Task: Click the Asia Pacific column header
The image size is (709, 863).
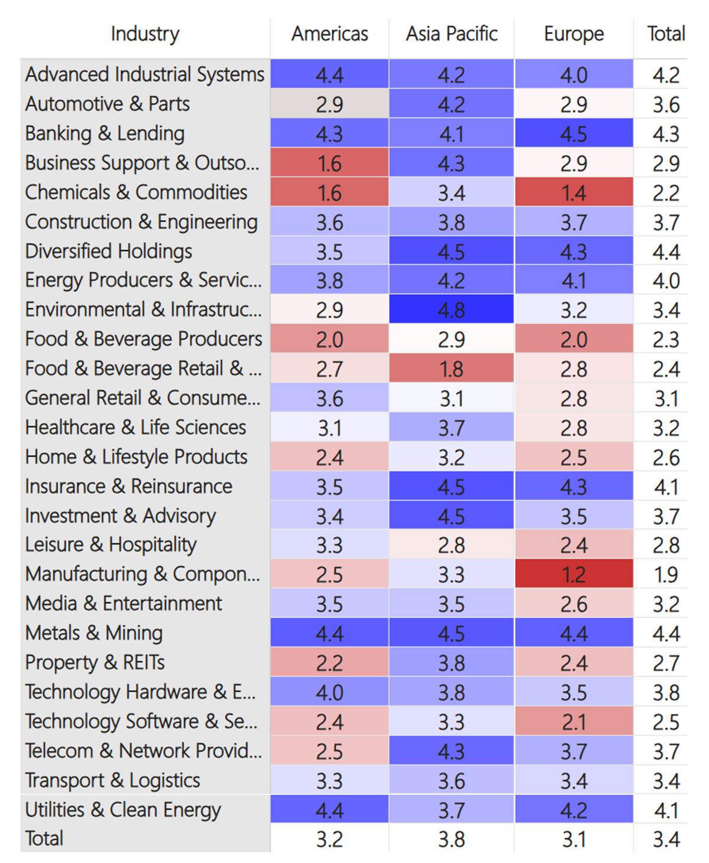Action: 451,34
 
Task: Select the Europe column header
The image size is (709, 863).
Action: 574,34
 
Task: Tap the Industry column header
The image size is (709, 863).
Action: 145,34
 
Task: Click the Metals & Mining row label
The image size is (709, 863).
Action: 94,633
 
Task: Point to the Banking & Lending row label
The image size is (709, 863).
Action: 105,133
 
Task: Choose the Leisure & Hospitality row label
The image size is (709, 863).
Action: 110,545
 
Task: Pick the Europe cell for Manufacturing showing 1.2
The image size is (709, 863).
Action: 574,574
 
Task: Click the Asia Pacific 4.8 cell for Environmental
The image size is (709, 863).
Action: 451,310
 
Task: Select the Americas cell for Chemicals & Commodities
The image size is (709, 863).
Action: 330,193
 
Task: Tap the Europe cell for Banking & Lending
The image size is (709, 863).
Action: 574,133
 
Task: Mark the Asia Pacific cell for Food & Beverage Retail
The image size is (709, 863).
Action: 451,369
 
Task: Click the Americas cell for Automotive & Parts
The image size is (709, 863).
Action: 330,104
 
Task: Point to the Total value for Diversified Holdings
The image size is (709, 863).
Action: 666,252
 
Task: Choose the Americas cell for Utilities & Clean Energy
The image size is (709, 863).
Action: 330,810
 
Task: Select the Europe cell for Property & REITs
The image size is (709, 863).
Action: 574,663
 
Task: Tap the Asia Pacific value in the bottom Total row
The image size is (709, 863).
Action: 451,839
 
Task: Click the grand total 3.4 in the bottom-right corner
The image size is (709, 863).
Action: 666,839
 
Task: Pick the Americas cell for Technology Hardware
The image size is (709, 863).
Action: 330,692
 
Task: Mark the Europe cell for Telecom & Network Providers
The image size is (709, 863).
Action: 574,751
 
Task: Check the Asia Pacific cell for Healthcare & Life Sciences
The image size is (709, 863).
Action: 451,427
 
